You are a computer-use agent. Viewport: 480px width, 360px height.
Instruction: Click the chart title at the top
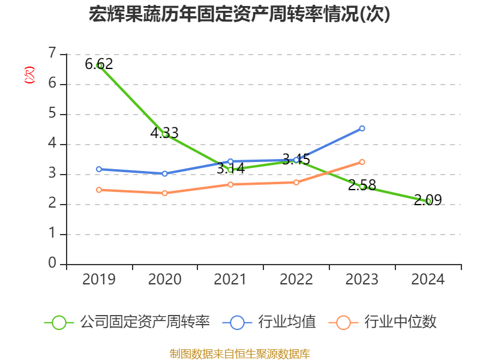239,14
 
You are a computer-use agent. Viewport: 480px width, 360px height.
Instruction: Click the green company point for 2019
99,65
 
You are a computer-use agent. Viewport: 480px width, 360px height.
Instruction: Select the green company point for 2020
165,134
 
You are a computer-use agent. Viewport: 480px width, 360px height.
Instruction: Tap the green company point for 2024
428,201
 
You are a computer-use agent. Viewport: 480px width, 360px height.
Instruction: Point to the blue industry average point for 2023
362,128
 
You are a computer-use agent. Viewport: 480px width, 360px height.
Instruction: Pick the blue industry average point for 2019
99,169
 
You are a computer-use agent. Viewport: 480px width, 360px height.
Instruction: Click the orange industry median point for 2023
362,162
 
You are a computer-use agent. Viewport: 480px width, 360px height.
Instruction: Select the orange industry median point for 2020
165,193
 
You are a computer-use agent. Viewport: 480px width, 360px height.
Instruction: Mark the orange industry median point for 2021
230,184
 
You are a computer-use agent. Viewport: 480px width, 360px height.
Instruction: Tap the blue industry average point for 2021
230,161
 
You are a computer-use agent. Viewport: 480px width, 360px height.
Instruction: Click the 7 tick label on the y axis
52,53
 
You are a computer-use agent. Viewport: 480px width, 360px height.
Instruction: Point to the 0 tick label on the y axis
52,263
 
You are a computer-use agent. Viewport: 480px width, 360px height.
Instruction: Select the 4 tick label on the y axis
52,143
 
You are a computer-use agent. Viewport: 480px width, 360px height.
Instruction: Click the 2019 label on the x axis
99,280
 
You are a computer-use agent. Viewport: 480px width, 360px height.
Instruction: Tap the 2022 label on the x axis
296,280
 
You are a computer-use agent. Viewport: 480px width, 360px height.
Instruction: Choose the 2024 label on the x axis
428,280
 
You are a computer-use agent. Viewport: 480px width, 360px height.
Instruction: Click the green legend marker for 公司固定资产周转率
59,322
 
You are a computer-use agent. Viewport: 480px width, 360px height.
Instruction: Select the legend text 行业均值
287,322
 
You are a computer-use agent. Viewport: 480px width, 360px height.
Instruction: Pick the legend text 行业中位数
401,322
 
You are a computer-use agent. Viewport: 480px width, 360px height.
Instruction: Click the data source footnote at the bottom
239,353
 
